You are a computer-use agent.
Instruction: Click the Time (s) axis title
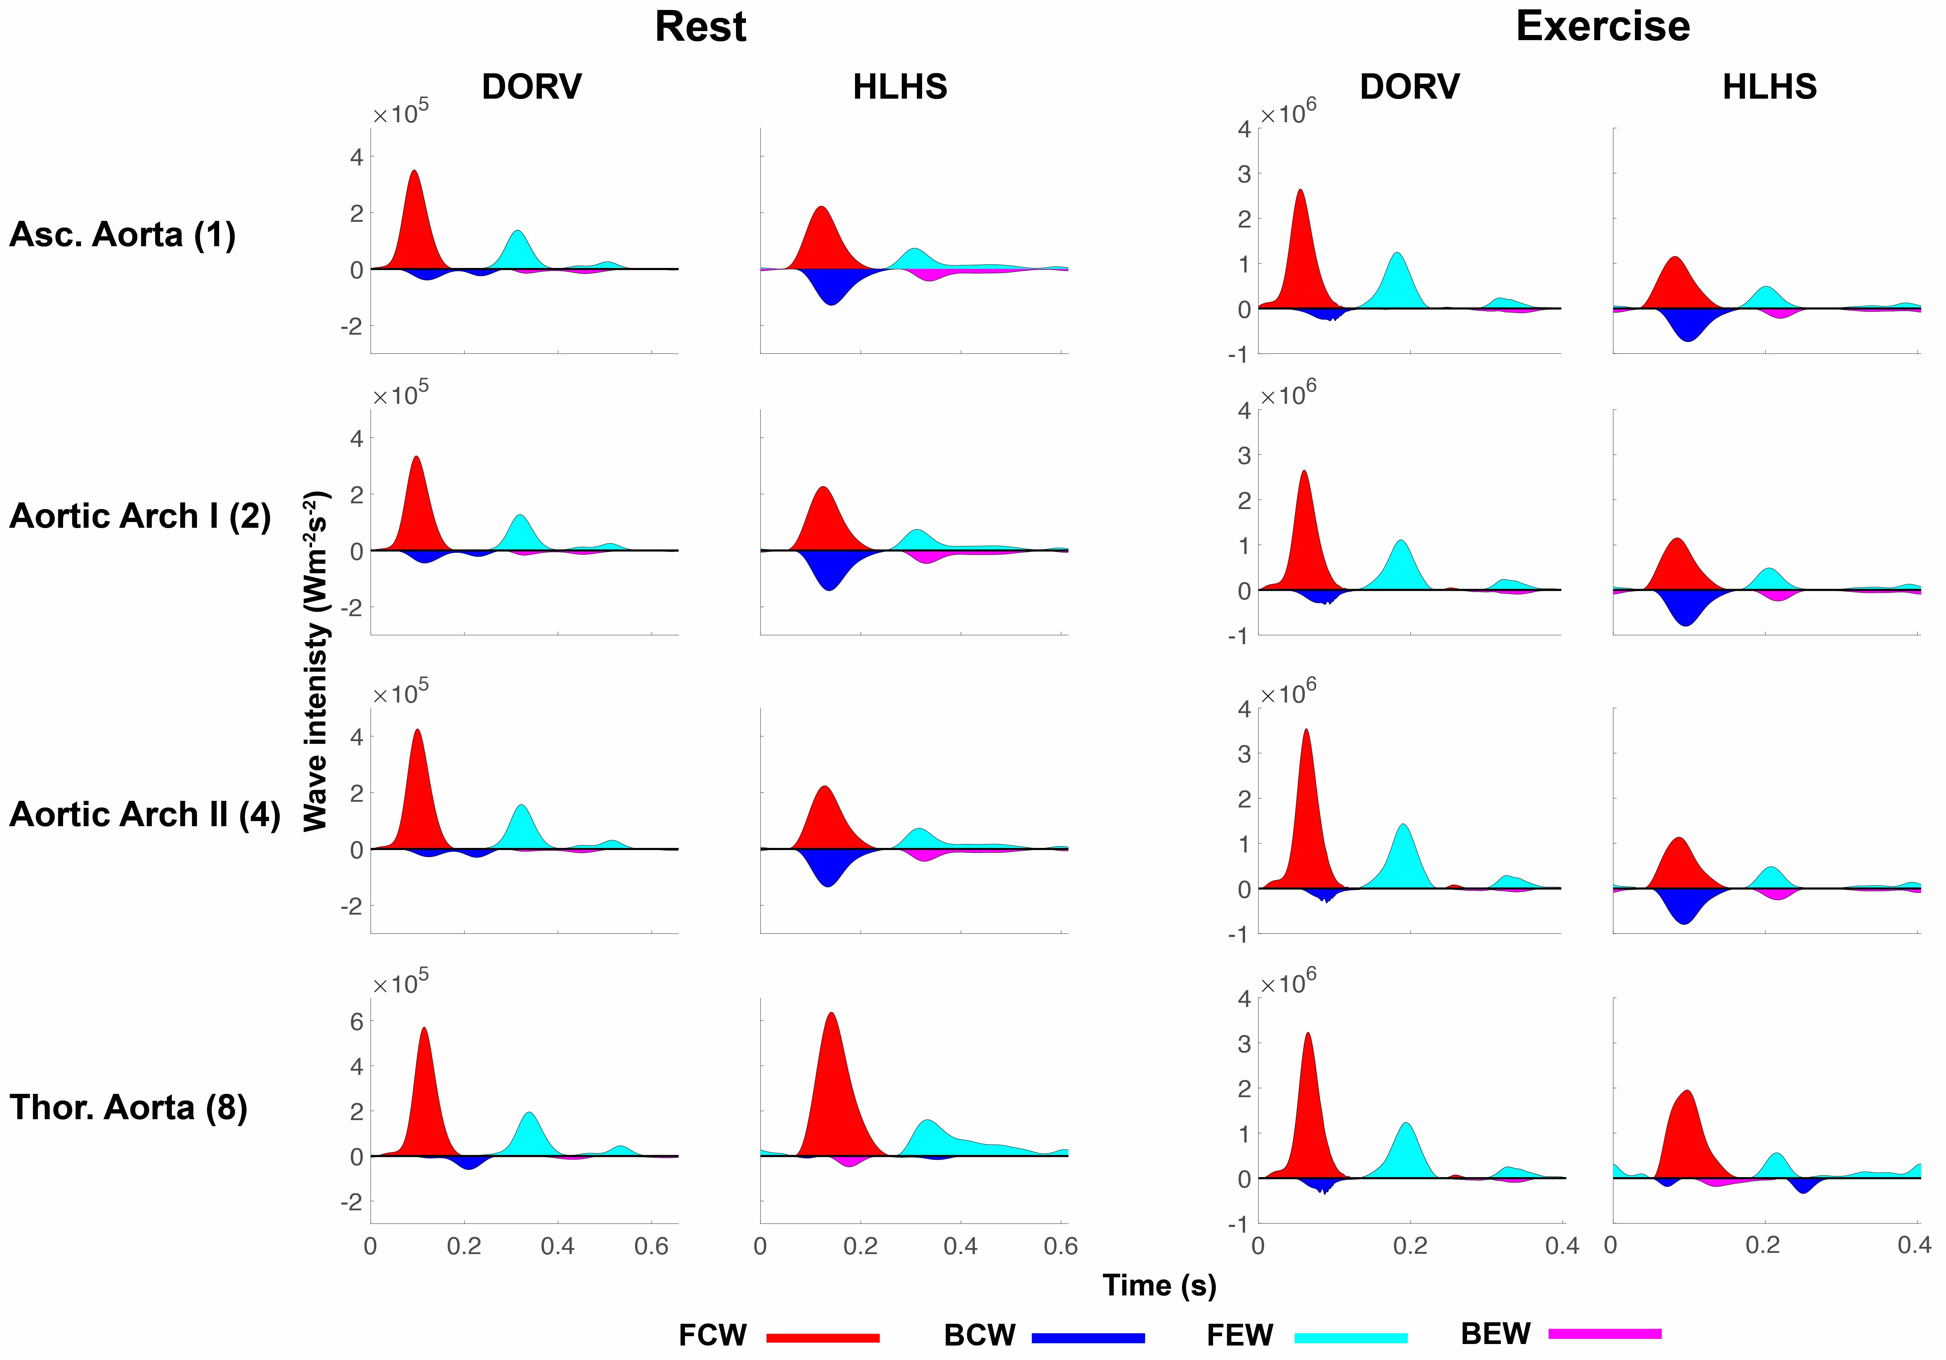point(1159,1285)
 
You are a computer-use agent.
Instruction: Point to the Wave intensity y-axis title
point(315,661)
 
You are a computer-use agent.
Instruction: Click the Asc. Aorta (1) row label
point(122,235)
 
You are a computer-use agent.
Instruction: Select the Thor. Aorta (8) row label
point(128,1107)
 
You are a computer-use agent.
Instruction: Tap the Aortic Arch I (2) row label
point(140,516)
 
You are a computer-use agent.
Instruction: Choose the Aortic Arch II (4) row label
point(144,814)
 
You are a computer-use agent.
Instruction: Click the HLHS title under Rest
point(899,87)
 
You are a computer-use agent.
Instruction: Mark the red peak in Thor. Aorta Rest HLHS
point(831,1014)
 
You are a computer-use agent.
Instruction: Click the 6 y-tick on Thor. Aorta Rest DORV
point(357,1022)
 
